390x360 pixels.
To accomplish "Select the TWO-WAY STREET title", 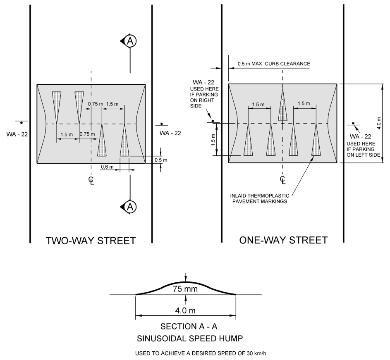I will (91, 240).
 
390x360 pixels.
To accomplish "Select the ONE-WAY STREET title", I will (283, 240).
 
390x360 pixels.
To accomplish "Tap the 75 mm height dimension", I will (185, 289).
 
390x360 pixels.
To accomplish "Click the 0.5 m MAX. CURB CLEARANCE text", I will (273, 64).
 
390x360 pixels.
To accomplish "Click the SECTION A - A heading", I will (186, 327).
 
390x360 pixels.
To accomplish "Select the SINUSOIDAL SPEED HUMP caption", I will (186, 339).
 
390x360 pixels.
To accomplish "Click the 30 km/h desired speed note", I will (186, 353).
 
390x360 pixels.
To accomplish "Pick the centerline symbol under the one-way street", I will (283, 179).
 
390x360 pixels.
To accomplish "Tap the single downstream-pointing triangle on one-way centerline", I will (282, 106).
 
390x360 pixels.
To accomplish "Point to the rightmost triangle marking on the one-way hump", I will (316, 141).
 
